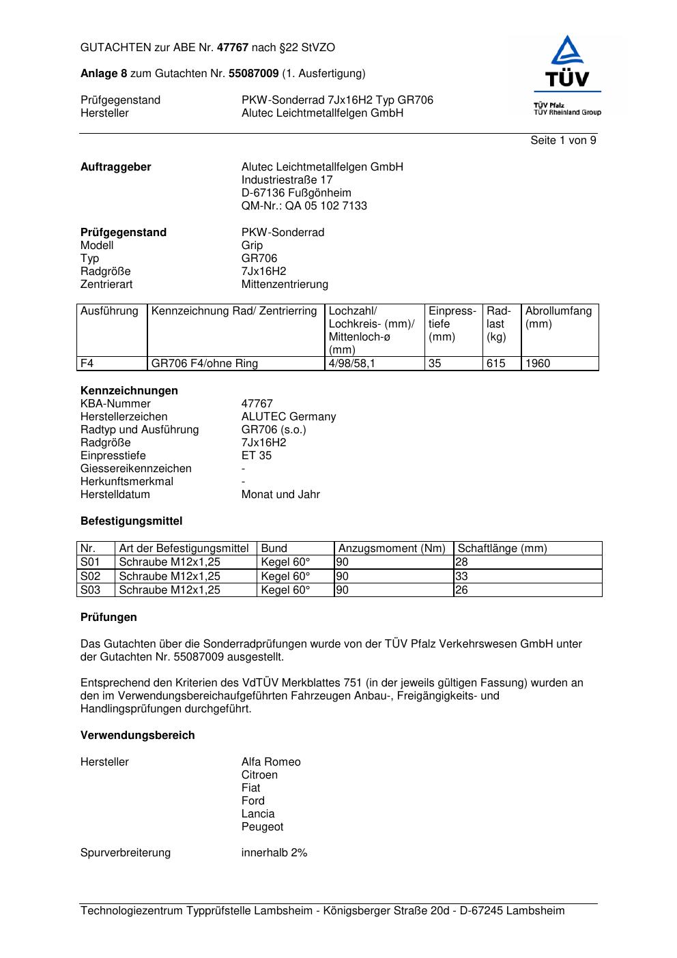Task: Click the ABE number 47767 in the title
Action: (232, 48)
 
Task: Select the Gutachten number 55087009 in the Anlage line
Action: (253, 74)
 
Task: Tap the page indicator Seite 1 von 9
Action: (563, 141)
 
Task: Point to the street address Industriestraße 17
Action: (287, 180)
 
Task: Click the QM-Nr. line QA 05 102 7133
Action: (304, 206)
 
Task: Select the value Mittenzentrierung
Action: (285, 285)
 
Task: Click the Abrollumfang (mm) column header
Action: (558, 317)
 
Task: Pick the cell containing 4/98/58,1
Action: (351, 364)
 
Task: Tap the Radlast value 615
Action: (496, 364)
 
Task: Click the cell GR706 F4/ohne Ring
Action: (205, 364)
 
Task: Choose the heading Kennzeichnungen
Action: (129, 391)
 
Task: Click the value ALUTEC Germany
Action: (288, 417)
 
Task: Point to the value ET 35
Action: (256, 456)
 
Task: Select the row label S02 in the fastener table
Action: (90, 577)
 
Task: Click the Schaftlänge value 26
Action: (462, 590)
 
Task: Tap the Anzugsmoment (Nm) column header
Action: (392, 549)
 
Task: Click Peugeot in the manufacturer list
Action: (262, 827)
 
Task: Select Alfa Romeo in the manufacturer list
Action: (270, 762)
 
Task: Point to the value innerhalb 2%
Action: (274, 853)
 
